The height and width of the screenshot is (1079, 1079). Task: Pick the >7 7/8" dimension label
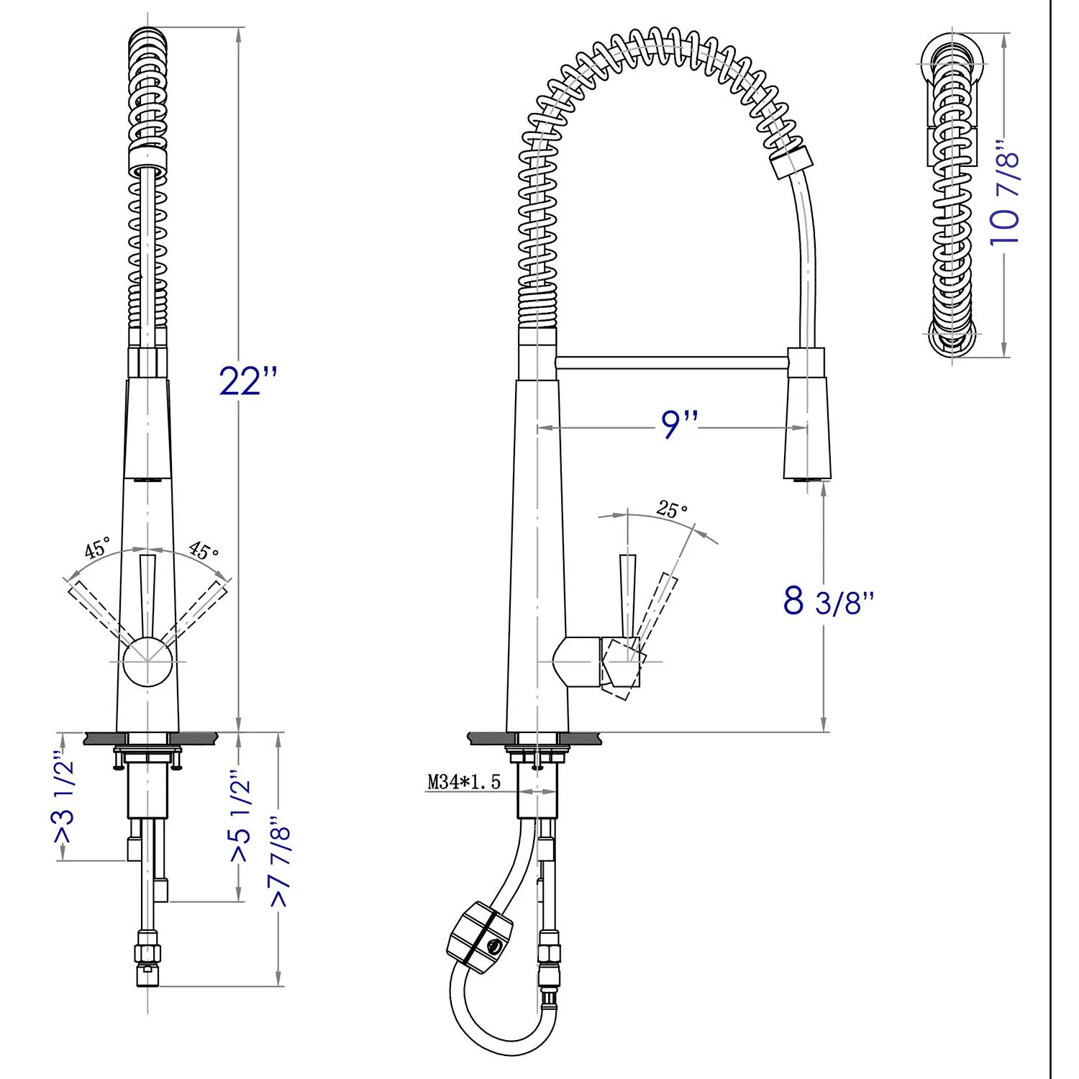281,860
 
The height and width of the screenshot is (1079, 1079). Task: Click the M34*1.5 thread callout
463,782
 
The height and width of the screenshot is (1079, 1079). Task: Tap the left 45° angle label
97,548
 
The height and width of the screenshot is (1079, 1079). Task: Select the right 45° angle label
204,550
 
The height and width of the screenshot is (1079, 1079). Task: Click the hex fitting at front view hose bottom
147,953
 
